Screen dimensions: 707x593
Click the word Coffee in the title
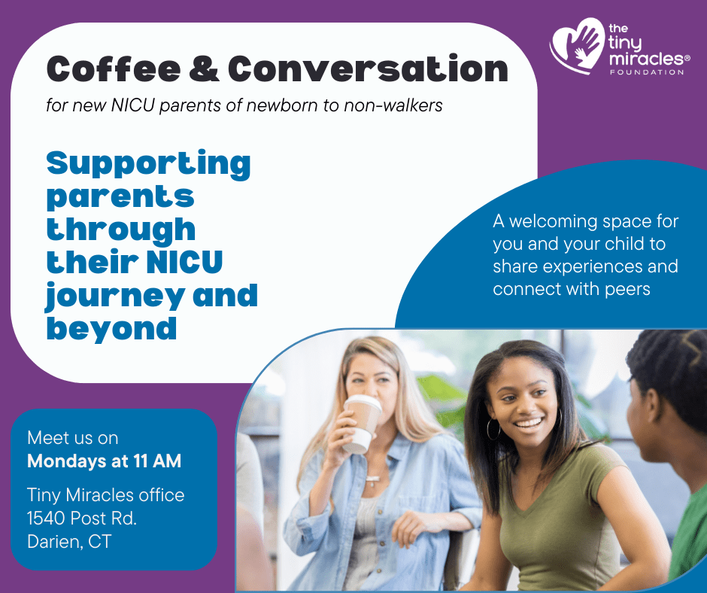point(113,69)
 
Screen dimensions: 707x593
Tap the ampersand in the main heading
point(205,69)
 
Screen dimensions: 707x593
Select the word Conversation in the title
point(369,68)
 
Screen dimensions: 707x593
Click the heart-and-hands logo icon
point(577,45)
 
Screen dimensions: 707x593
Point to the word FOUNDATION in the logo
point(647,71)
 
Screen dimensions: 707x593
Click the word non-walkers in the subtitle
point(393,105)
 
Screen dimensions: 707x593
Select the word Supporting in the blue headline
point(148,164)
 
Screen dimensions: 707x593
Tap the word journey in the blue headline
point(115,296)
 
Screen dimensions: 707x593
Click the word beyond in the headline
point(111,328)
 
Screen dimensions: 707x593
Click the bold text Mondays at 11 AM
point(104,461)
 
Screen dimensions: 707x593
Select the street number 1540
point(47,518)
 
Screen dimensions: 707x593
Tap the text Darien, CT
point(69,542)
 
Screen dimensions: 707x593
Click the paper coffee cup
point(362,424)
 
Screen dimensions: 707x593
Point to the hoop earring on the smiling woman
point(493,430)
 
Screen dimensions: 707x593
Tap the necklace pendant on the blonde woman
point(372,479)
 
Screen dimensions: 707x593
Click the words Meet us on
point(73,438)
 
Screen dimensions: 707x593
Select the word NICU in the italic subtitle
point(133,105)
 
